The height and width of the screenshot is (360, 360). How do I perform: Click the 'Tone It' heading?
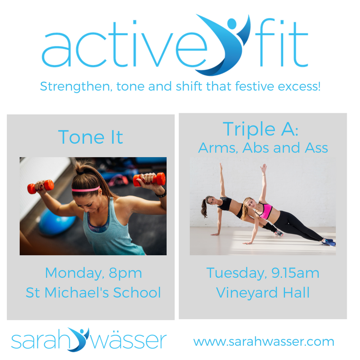click(x=90, y=137)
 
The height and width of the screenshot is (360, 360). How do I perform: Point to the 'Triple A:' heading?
click(x=261, y=129)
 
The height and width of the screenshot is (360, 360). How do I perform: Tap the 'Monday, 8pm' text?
click(x=93, y=273)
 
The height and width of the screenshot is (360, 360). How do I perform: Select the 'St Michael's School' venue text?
click(x=93, y=292)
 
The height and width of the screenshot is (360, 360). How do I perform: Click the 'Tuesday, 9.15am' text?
click(x=263, y=273)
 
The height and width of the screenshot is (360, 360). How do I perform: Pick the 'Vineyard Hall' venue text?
click(x=263, y=292)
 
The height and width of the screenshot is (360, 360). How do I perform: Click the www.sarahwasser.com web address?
click(x=264, y=342)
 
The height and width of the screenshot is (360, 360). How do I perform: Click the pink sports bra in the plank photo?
click(x=265, y=211)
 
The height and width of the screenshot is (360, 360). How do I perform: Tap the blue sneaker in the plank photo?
click(x=330, y=243)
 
